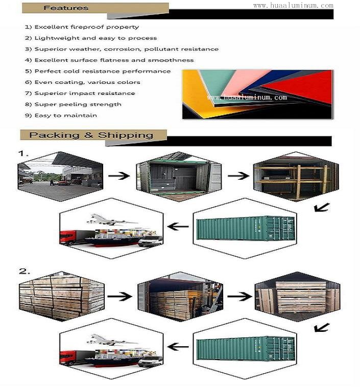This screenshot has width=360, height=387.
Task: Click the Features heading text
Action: point(66,8)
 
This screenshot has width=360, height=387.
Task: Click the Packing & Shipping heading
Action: point(91,135)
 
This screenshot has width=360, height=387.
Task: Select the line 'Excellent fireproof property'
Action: point(87,27)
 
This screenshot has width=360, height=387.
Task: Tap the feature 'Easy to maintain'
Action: point(66,115)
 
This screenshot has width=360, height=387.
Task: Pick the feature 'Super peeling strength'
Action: point(78,104)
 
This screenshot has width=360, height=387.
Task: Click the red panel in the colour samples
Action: point(304,86)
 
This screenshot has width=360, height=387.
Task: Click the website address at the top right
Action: point(293,6)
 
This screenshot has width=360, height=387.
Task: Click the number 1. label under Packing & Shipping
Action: point(23,154)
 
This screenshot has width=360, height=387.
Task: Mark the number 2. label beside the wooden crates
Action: point(25,272)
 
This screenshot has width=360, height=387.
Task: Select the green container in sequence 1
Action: point(246,228)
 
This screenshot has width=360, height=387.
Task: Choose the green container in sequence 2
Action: point(246,349)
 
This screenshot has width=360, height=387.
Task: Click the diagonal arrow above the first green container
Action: point(322,207)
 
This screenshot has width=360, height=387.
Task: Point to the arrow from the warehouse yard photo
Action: point(119,176)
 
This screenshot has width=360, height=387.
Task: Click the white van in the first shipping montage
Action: point(151,241)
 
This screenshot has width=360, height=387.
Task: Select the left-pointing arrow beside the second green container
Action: point(178,347)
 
